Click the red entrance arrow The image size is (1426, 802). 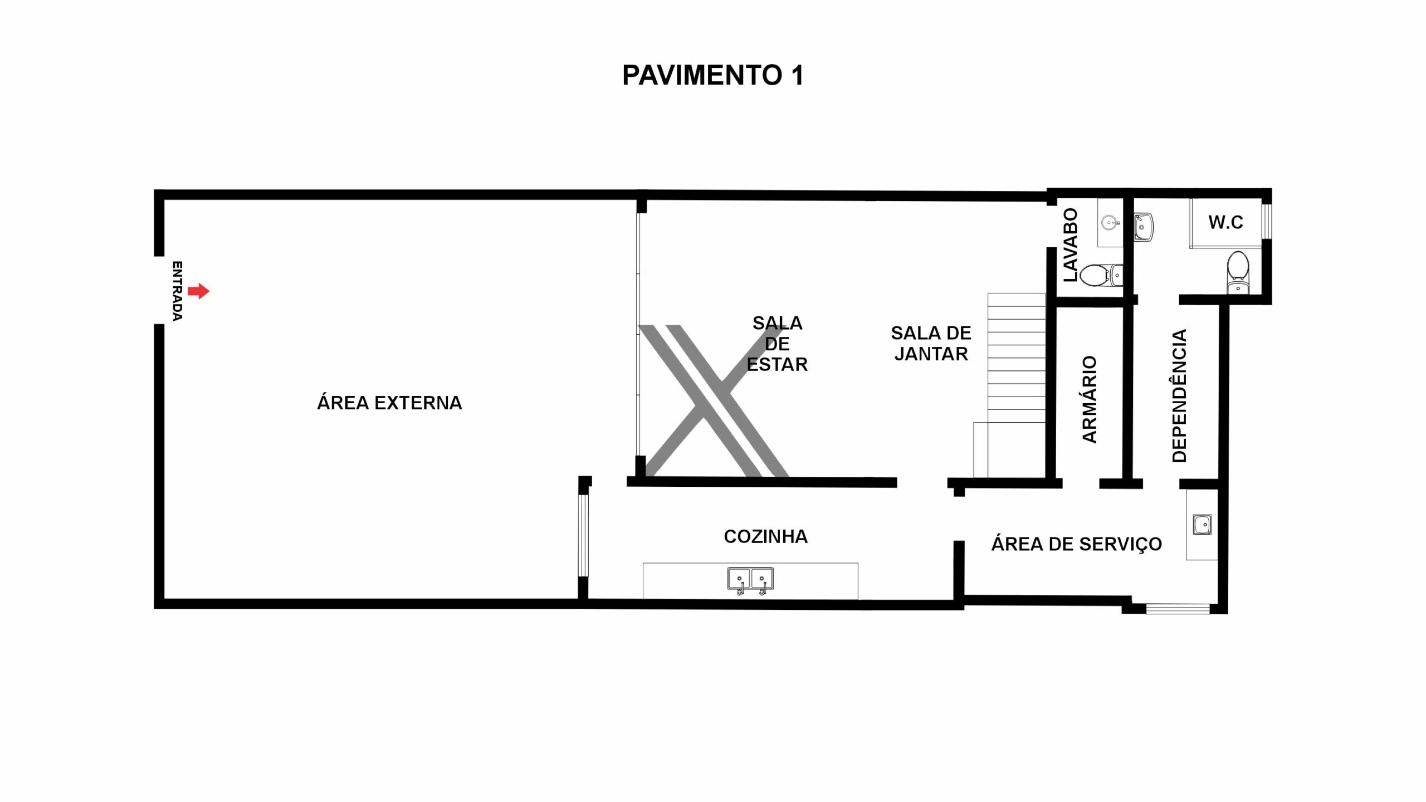click(x=198, y=291)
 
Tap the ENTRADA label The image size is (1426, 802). click(x=177, y=291)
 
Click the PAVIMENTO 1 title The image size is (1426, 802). click(x=713, y=75)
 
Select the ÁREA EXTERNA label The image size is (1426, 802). click(x=389, y=403)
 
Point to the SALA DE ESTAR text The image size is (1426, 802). click(x=777, y=344)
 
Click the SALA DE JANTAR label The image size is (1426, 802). click(x=931, y=343)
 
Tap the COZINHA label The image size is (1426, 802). click(x=765, y=536)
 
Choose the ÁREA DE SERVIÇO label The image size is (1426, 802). click(x=1076, y=544)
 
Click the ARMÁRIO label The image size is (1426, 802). click(x=1089, y=399)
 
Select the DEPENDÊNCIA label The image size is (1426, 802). click(x=1179, y=396)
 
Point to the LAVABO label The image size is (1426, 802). click(x=1070, y=245)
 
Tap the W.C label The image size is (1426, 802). click(x=1225, y=222)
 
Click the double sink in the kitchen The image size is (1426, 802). click(x=750, y=580)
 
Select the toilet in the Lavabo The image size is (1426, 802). click(x=1101, y=275)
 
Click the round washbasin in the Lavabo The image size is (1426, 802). click(x=1110, y=223)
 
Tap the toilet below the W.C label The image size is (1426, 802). click(x=1238, y=273)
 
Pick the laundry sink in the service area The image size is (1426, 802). click(x=1202, y=525)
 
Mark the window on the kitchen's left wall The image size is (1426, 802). click(x=583, y=535)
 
